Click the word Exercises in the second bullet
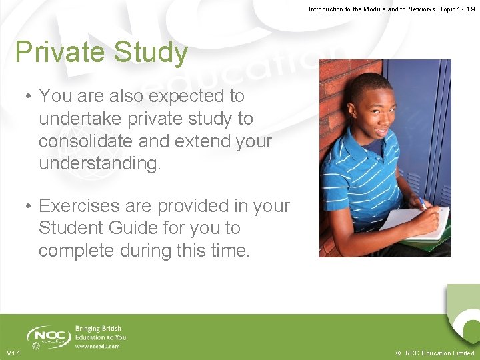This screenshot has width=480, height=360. pyautogui.click(x=79, y=206)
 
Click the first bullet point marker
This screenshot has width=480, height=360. pyautogui.click(x=29, y=97)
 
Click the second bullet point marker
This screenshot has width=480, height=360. pyautogui.click(x=29, y=206)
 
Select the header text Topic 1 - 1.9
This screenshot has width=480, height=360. pyautogui.click(x=457, y=9)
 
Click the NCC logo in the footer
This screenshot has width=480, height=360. pyautogui.click(x=48, y=336)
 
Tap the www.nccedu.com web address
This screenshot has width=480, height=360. pyautogui.click(x=97, y=347)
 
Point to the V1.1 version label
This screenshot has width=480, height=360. pyautogui.click(x=13, y=353)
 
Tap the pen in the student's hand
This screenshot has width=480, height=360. pyautogui.click(x=422, y=203)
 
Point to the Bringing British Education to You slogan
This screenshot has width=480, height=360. pyautogui.click(x=100, y=333)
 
